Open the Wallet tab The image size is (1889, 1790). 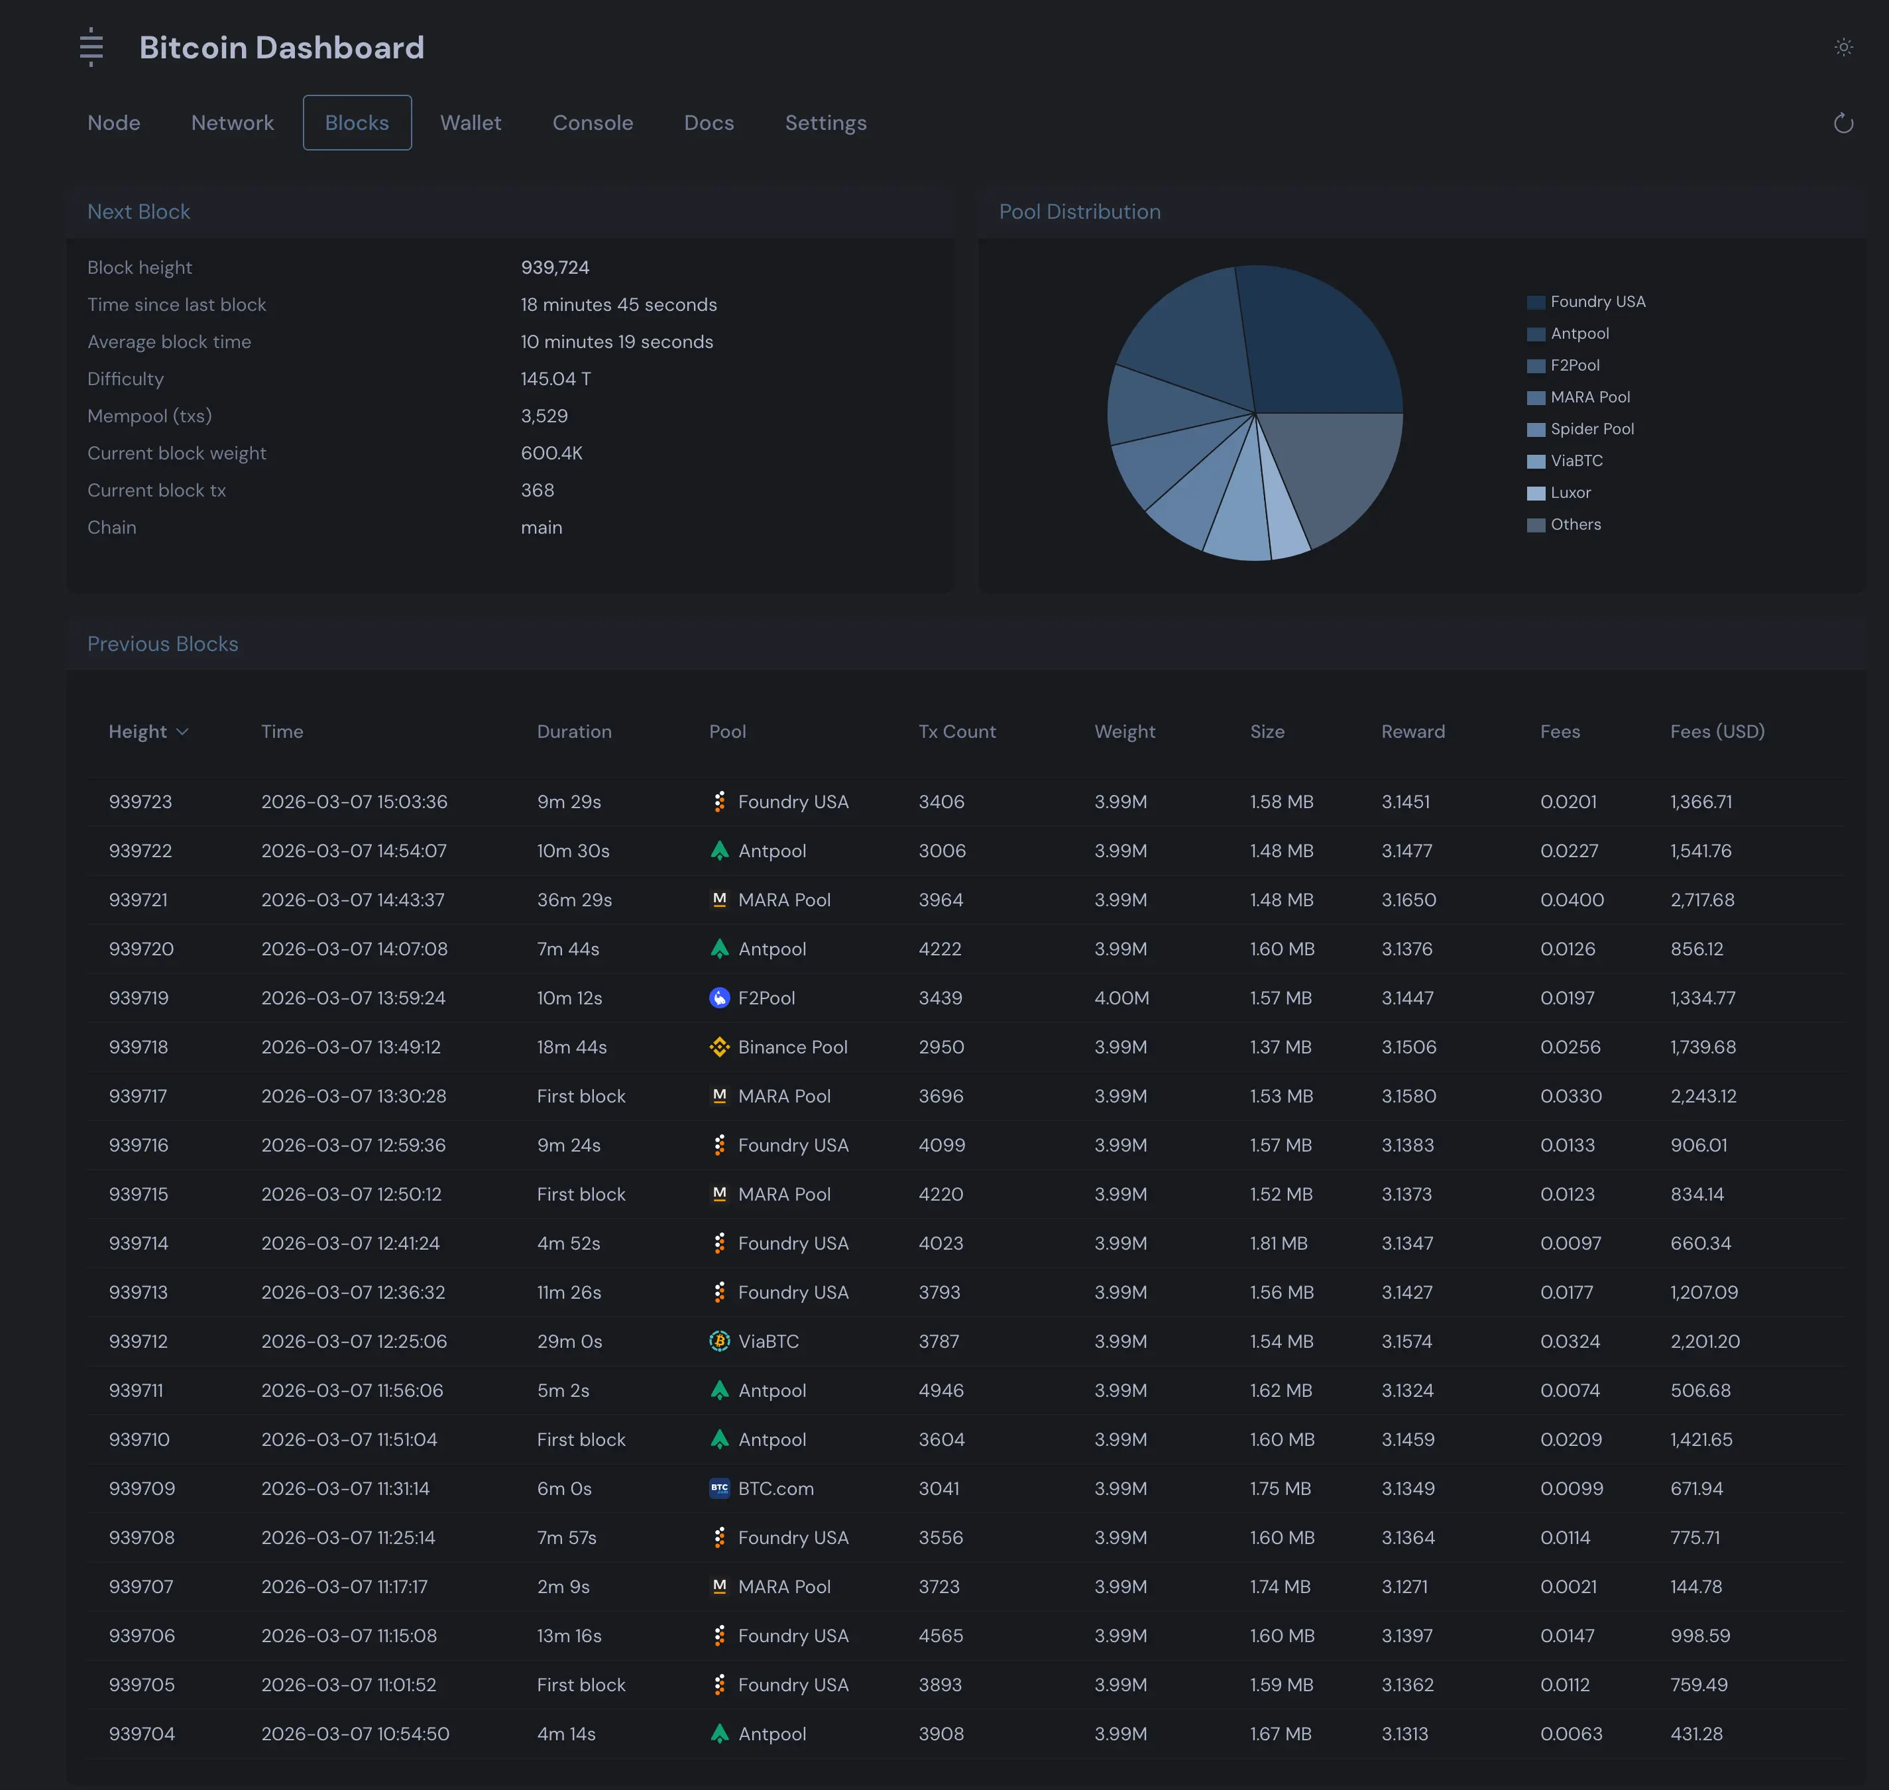tap(471, 123)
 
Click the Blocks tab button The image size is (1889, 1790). tap(357, 123)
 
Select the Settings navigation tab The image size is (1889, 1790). tap(825, 123)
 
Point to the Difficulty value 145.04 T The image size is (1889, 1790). tap(555, 379)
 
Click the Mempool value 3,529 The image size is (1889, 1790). tap(544, 416)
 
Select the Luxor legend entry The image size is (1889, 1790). tap(1570, 493)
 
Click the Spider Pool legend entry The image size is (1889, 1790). tap(1591, 428)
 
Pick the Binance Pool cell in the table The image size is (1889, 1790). tap(792, 1047)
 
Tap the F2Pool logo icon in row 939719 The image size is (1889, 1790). tap(719, 998)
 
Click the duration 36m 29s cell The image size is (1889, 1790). tap(575, 900)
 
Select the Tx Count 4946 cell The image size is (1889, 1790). tap(941, 1390)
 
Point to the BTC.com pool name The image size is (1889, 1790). tap(775, 1488)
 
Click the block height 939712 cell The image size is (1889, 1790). tap(139, 1342)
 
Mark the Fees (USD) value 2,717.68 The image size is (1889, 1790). tap(1702, 900)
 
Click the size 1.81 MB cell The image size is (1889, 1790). tap(1279, 1243)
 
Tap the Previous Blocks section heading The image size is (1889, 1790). tap(163, 644)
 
